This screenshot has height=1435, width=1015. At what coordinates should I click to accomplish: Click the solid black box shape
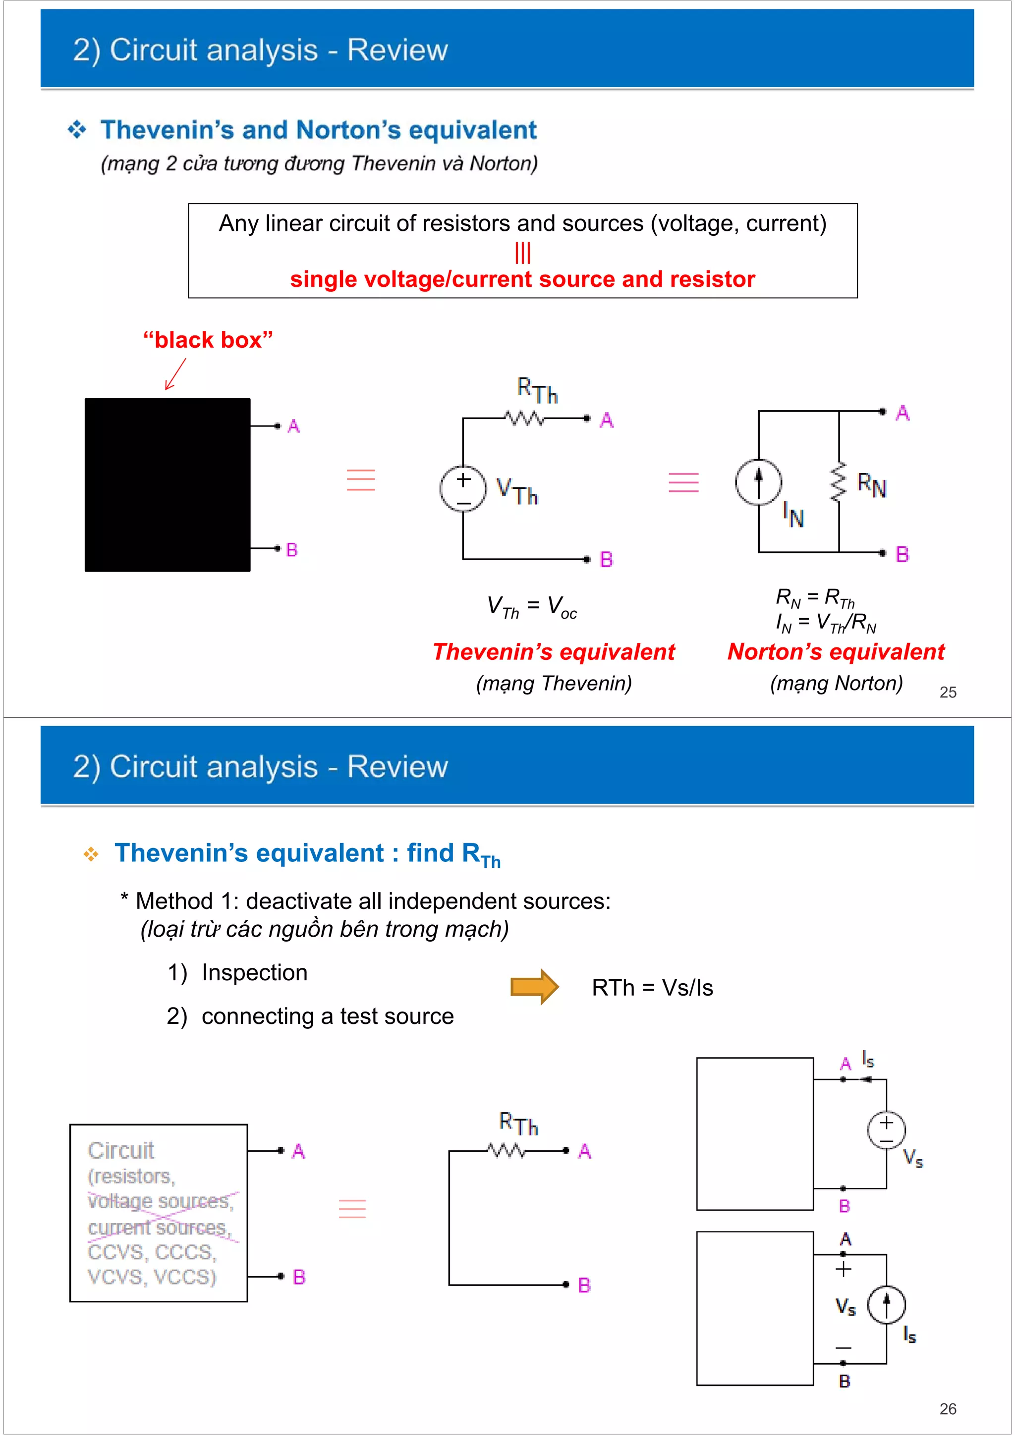(168, 484)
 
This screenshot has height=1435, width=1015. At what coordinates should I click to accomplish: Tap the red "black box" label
(208, 340)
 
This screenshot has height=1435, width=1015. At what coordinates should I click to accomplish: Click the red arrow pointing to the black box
(175, 374)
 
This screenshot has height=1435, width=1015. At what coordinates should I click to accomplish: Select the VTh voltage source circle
(463, 489)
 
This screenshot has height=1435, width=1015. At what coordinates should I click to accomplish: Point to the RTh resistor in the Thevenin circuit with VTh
(524, 418)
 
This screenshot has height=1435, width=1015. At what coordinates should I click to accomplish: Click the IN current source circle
(758, 482)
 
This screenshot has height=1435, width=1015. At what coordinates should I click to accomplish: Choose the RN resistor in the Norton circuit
(838, 482)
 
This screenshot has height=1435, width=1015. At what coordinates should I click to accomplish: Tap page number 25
(948, 692)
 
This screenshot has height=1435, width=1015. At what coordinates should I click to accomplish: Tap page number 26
(948, 1409)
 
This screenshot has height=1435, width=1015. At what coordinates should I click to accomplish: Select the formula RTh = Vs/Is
(652, 988)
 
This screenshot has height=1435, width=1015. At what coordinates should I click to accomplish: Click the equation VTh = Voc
(532, 606)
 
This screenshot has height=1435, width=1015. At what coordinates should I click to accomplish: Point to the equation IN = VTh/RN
(826, 623)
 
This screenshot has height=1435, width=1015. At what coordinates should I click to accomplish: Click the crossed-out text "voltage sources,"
(160, 1201)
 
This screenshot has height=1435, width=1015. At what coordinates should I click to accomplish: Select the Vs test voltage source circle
(886, 1129)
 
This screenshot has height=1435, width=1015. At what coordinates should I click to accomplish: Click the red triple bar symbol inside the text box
(522, 253)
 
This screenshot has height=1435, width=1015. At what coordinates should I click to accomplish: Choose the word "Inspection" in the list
(255, 972)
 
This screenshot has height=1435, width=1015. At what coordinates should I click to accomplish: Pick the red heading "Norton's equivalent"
(836, 652)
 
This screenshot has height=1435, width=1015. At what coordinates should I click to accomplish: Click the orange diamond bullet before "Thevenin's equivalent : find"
(91, 854)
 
